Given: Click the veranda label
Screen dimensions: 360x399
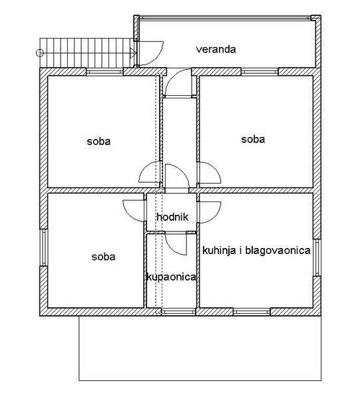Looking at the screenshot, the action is coord(216,49).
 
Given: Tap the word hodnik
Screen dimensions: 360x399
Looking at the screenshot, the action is coord(172,217).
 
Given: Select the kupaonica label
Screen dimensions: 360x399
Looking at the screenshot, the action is coord(171,277).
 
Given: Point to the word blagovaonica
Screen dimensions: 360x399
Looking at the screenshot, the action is coord(277,251).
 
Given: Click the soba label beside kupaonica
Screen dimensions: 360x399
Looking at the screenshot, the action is coord(103,257).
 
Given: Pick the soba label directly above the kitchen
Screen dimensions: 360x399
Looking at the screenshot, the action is coord(253,139).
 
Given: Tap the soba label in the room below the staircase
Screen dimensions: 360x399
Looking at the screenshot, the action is coord(98,141).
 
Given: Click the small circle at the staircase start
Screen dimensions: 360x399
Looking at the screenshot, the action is coord(40,53).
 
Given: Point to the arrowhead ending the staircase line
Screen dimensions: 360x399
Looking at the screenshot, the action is coord(133,53).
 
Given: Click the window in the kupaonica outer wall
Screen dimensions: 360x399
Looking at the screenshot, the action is coord(179,311).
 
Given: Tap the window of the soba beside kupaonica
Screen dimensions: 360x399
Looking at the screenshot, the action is coord(43,247).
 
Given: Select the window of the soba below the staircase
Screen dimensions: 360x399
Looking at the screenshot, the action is coord(104,72).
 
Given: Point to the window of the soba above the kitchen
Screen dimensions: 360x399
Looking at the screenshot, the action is coord(260,72).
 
